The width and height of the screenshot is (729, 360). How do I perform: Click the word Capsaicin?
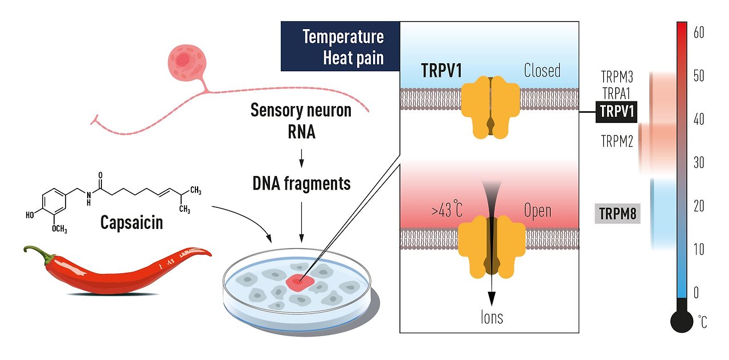pyautogui.click(x=131, y=222)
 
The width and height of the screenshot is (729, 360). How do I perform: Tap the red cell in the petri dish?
pyautogui.click(x=300, y=281)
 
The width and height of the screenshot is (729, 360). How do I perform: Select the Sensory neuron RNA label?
pyautogui.click(x=301, y=121)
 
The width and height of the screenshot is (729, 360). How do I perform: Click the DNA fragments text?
pyautogui.click(x=301, y=183)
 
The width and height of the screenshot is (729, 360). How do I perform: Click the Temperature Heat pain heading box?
pyautogui.click(x=341, y=47)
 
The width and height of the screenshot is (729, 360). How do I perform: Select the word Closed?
pyautogui.click(x=542, y=71)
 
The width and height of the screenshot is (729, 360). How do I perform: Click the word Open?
pyautogui.click(x=537, y=211)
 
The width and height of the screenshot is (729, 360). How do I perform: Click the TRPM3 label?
pyautogui.click(x=617, y=77)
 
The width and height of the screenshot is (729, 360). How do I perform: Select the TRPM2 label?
pyautogui.click(x=617, y=141)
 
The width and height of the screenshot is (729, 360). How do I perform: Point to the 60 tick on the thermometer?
pyautogui.click(x=699, y=33)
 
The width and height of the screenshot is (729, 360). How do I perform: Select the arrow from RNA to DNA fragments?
pyautogui.click(x=301, y=155)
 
